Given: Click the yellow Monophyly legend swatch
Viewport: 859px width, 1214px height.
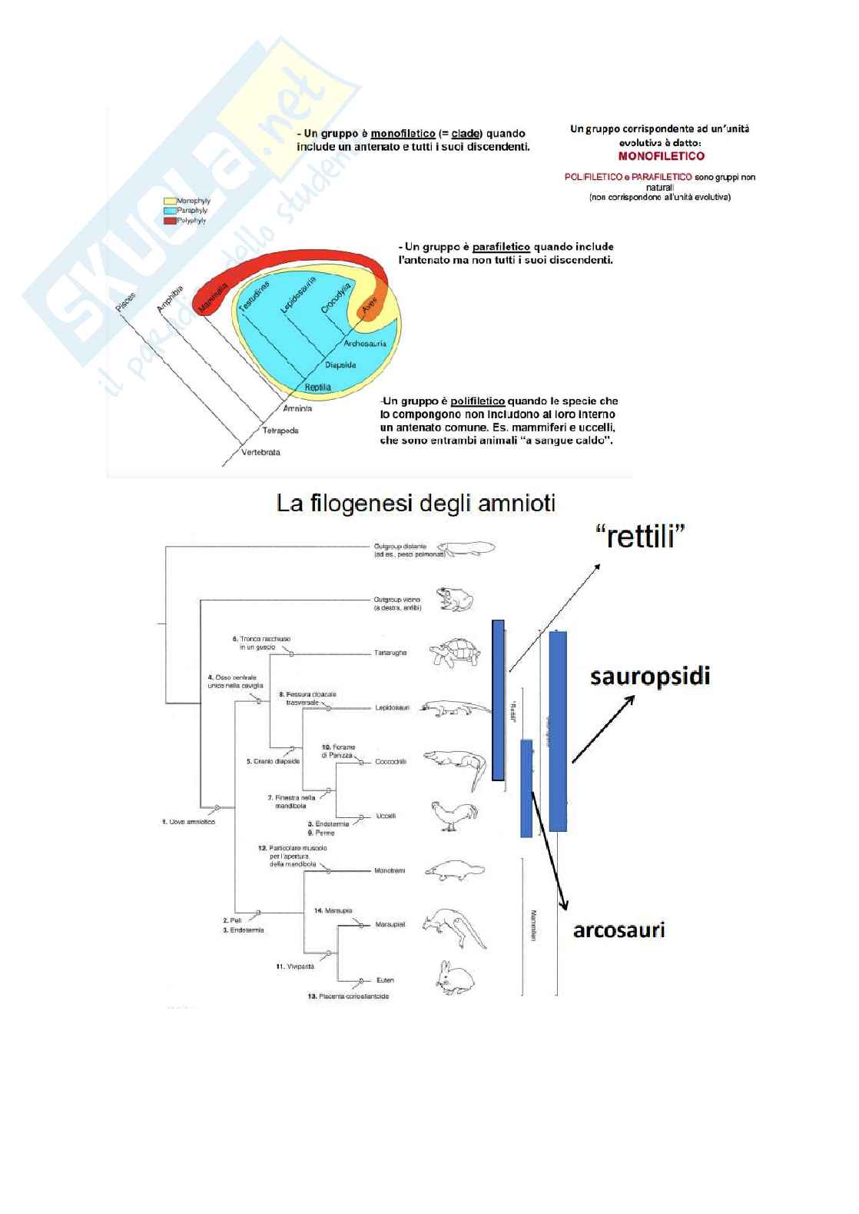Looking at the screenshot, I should (x=169, y=201).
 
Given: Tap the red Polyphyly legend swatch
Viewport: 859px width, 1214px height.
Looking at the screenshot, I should (x=169, y=220).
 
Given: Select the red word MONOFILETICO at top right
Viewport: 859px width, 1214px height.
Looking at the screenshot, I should (x=661, y=156).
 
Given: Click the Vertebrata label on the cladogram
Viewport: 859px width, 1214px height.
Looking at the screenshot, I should (x=260, y=452).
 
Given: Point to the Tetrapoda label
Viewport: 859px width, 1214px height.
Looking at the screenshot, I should (x=280, y=430).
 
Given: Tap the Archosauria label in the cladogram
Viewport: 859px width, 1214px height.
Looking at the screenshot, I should (x=365, y=344).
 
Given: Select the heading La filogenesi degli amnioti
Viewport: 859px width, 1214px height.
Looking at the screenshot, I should (x=416, y=504).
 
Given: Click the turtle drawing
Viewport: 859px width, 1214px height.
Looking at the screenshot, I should (x=456, y=652).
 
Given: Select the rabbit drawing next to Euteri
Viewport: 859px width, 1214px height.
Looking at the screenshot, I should (x=453, y=980).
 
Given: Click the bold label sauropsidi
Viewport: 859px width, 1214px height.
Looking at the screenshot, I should (x=650, y=677).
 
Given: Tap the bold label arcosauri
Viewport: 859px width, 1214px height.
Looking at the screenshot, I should (x=619, y=930).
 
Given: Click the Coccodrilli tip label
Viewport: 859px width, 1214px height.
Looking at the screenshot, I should (x=390, y=762).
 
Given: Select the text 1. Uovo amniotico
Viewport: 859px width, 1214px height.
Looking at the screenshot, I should (x=188, y=822).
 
